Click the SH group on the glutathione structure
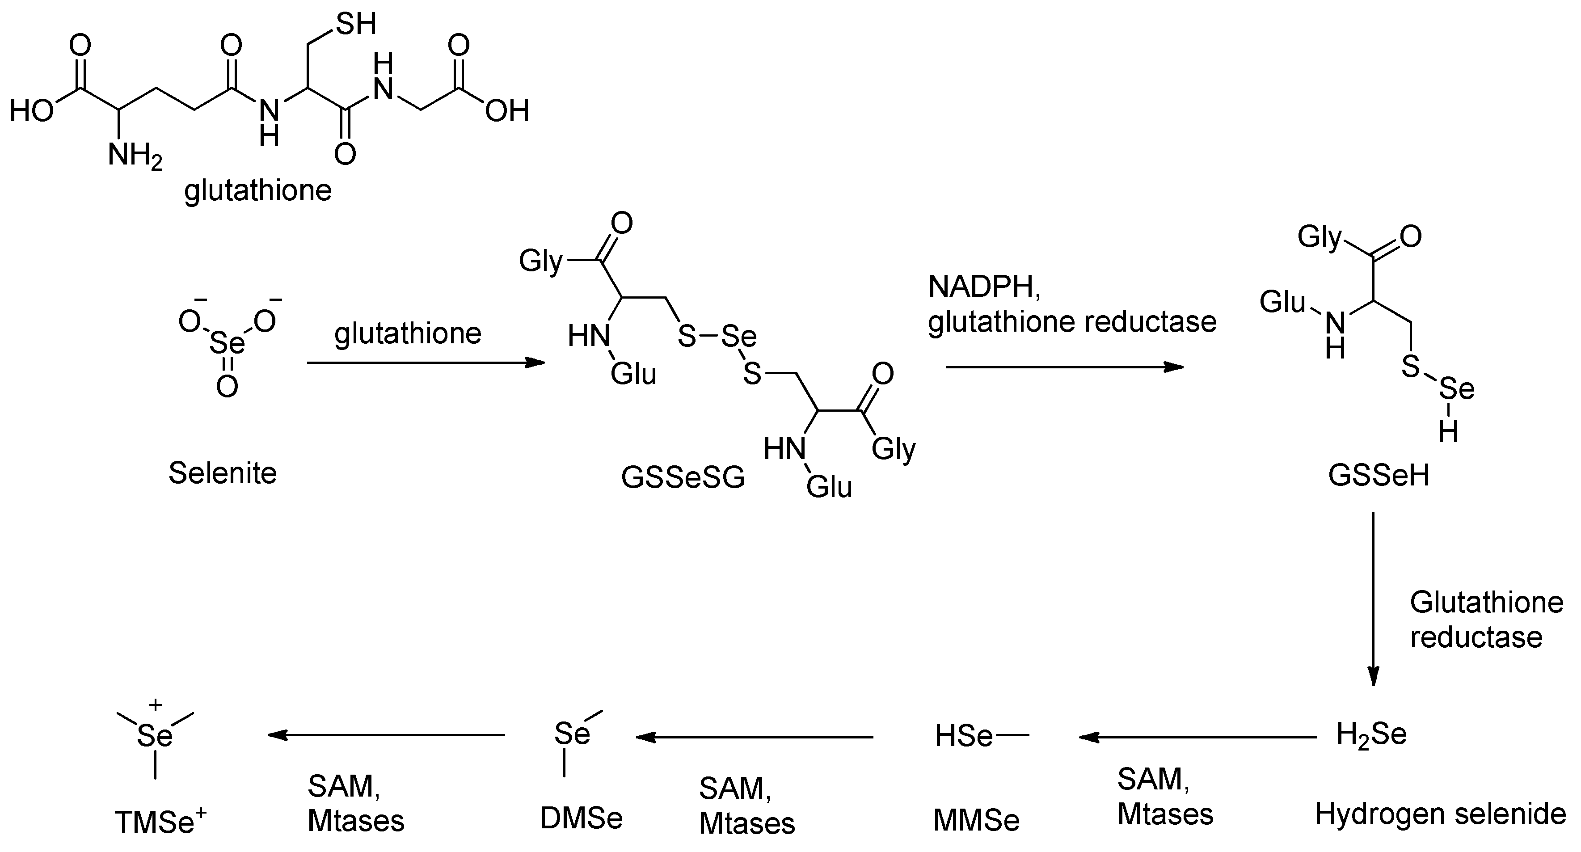[355, 25]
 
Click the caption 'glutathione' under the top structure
[258, 191]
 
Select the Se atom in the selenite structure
[227, 343]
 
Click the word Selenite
[223, 473]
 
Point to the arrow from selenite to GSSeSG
[426, 363]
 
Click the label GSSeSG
[683, 477]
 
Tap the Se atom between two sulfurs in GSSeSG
[738, 336]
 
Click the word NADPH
[984, 287]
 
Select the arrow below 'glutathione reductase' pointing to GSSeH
[1064, 367]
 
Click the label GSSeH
[1379, 475]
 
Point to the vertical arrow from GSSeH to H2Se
[1374, 599]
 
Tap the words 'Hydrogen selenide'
[1440, 814]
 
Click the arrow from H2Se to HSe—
[1197, 737]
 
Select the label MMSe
[976, 821]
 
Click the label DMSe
[581, 818]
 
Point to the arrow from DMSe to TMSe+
[386, 735]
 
